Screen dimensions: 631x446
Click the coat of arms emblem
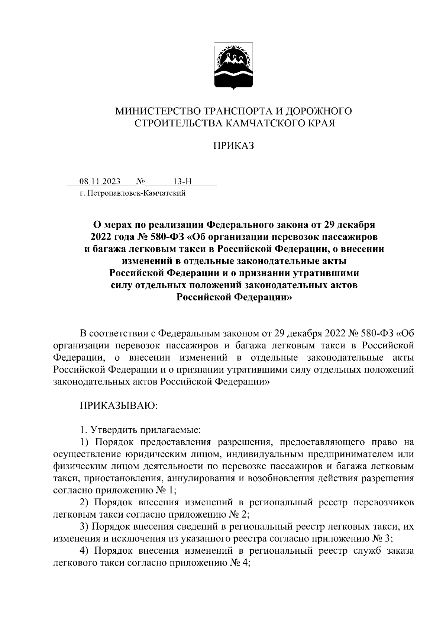pos(233,66)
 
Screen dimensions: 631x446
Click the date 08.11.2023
pos(100,181)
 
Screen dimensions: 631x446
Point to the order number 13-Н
pos(182,181)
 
